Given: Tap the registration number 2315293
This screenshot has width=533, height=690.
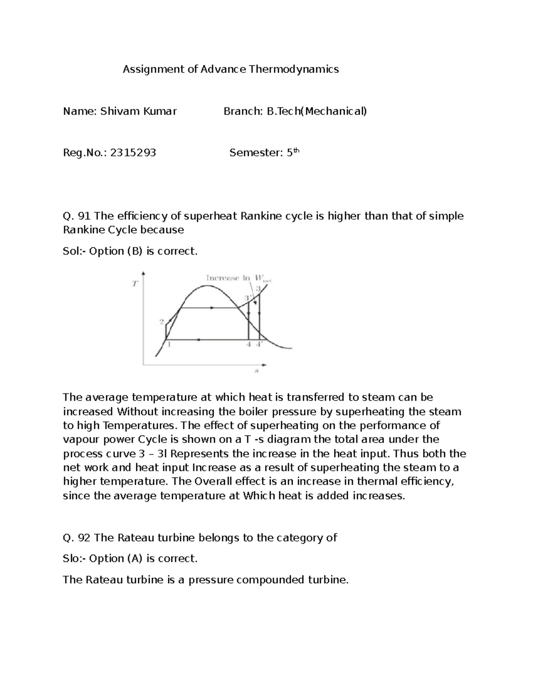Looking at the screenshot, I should tap(133, 153).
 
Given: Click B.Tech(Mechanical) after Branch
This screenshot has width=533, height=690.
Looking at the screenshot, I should tap(317, 111).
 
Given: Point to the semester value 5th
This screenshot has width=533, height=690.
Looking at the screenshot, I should tap(293, 152).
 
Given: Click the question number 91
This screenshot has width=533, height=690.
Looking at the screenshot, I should tap(84, 216).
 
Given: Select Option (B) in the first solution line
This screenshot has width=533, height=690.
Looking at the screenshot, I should tap(116, 251).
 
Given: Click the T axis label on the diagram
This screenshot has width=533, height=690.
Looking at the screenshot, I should tap(135, 284).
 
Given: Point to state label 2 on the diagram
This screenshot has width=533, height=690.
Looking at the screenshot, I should tap(162, 321).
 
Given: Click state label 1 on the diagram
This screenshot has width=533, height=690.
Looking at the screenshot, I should tap(169, 344).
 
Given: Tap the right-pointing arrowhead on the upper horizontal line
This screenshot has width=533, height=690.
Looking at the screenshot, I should tap(213, 307).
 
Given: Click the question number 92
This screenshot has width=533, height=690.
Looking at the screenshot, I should tap(84, 538).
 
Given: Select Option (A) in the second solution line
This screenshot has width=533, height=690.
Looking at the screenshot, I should tap(116, 558).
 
